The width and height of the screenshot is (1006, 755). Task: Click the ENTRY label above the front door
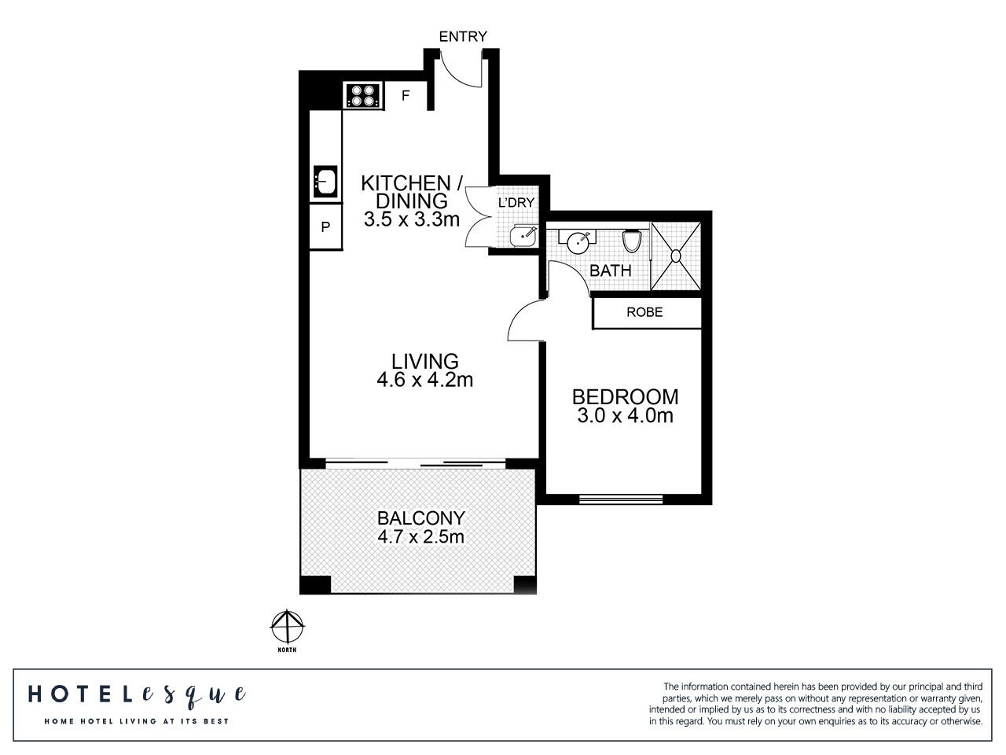tap(462, 36)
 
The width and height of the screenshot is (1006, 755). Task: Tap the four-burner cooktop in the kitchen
tap(363, 96)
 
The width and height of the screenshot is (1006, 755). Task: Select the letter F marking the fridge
tap(406, 96)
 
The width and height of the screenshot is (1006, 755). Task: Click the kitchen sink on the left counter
tap(325, 182)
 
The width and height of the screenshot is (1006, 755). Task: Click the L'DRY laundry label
tap(516, 203)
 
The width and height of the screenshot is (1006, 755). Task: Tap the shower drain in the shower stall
tap(675, 255)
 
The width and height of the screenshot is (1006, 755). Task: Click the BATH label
tap(611, 271)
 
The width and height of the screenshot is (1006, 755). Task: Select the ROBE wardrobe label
tap(644, 312)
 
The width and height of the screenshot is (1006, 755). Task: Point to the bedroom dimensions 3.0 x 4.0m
tap(625, 416)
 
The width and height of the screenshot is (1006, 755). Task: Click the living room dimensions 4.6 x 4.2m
tap(424, 381)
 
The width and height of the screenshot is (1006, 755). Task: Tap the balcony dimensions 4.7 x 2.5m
tap(420, 538)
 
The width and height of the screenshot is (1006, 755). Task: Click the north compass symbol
tap(288, 628)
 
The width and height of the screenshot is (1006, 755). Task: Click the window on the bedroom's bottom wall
tap(620, 498)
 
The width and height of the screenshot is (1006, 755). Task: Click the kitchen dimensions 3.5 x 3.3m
tap(411, 219)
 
